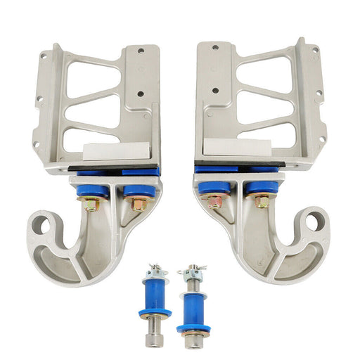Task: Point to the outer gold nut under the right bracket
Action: pyautogui.click(x=262, y=202)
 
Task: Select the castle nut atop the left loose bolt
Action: pyautogui.click(x=155, y=271)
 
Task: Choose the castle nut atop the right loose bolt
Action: pyautogui.click(x=191, y=271)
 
